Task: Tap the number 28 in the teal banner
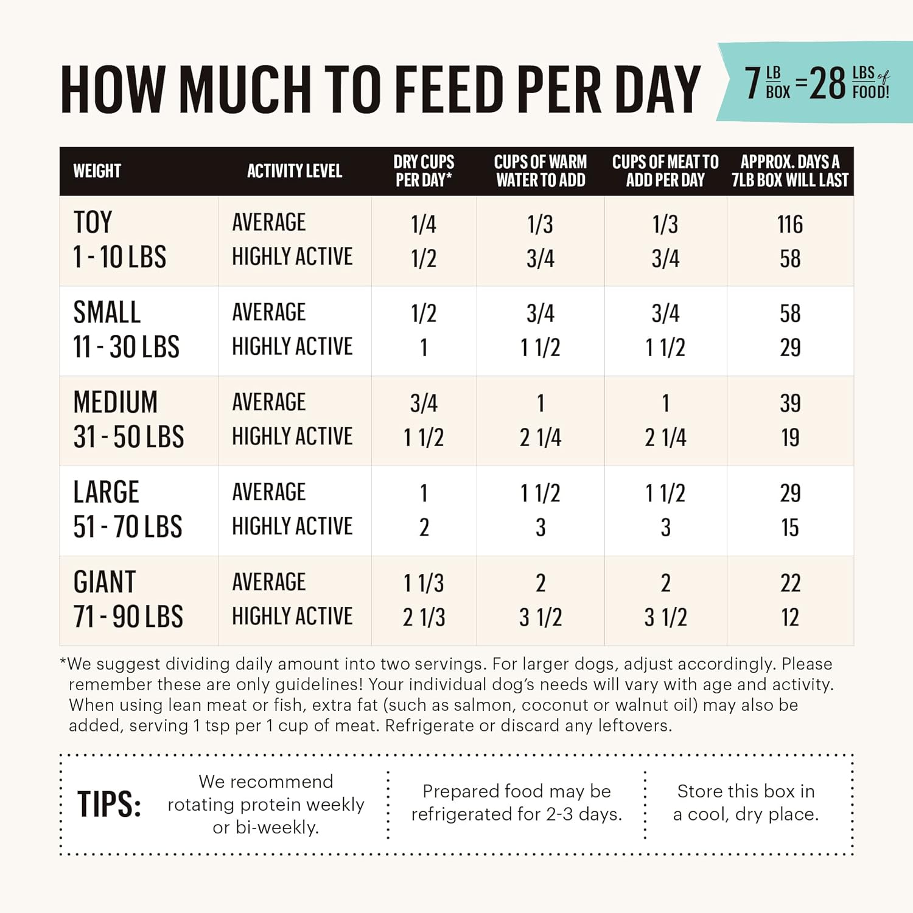tap(828, 83)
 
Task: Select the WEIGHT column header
tap(97, 171)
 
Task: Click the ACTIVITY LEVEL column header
tap(295, 171)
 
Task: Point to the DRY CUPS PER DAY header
tap(424, 171)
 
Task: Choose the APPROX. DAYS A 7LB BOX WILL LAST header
tap(790, 171)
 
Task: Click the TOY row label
tap(93, 223)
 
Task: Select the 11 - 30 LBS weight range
tap(127, 348)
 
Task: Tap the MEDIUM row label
tap(116, 402)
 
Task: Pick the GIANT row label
tap(105, 582)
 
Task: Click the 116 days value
tap(790, 225)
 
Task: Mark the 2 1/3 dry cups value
tap(424, 618)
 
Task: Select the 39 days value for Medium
tap(790, 404)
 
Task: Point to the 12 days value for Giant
tap(790, 618)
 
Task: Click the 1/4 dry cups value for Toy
tap(424, 225)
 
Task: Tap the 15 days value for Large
tap(790, 528)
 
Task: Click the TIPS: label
tap(110, 805)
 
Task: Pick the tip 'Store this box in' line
tap(746, 791)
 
